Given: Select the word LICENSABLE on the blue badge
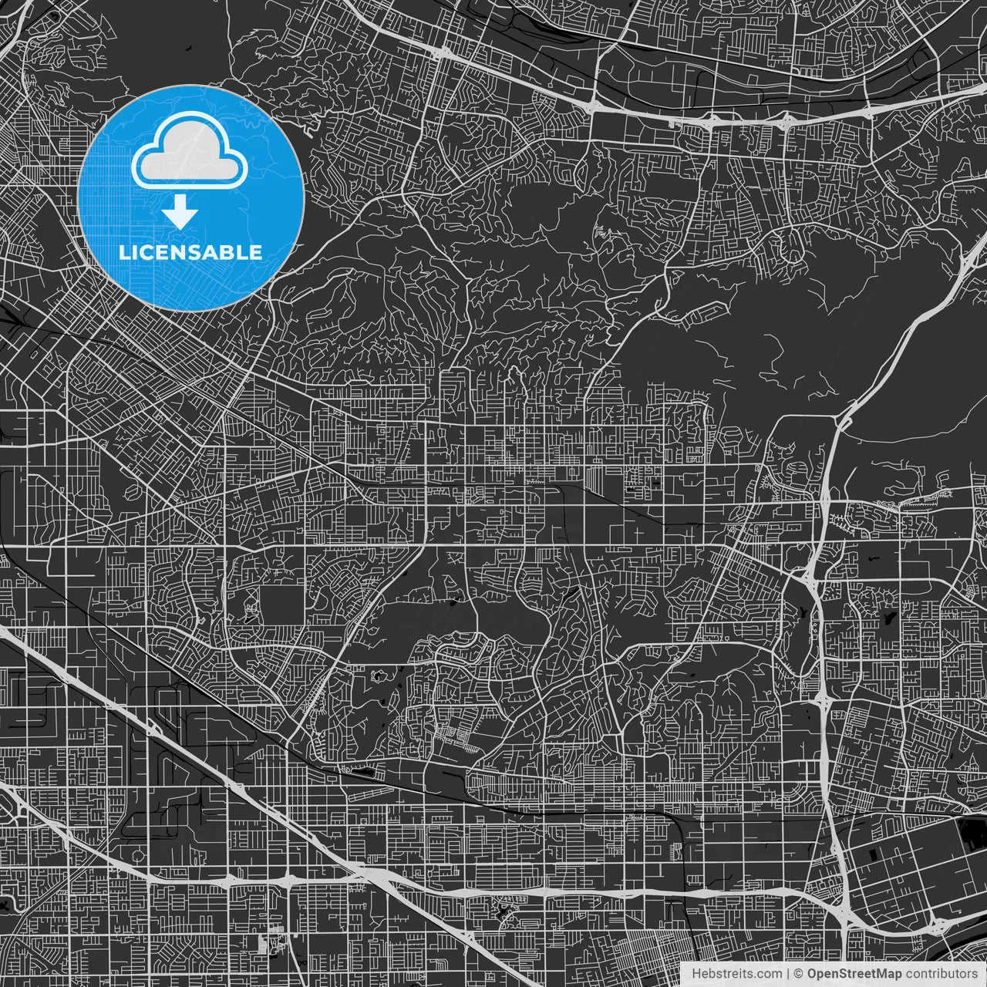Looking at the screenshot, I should point(190,252).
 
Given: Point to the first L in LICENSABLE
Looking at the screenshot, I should point(123,252).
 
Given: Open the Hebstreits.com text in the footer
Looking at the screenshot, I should point(737,974).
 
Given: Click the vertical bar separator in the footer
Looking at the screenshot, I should point(788,974).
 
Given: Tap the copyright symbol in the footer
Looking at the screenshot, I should point(800,974).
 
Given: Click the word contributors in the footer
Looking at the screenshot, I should point(942,974).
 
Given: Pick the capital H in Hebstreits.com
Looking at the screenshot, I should point(697,974).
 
